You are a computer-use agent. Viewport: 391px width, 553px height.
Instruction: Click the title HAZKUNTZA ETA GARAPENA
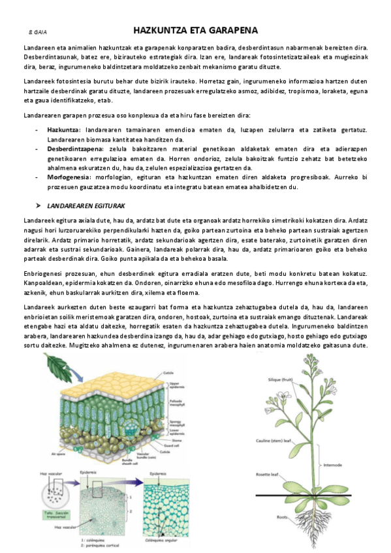(x=195, y=31)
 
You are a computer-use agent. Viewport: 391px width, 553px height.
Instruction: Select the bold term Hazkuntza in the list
(x=63, y=130)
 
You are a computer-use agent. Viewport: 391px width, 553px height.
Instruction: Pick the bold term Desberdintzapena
(x=74, y=149)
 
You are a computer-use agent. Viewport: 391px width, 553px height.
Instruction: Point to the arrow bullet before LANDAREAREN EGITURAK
(x=39, y=205)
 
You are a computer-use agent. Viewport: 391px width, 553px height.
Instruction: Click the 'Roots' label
(x=282, y=518)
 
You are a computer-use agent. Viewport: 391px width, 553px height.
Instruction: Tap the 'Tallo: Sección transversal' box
(x=51, y=513)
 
